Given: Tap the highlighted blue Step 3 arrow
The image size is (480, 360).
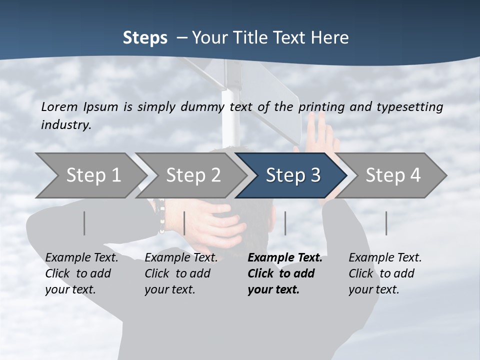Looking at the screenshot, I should click(292, 175).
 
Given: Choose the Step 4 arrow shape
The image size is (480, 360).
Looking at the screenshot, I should click(392, 175).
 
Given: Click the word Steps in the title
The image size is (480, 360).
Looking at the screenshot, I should click(145, 37).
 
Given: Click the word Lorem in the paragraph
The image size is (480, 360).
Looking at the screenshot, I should click(59, 106).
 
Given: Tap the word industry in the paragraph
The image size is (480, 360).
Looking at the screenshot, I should click(66, 124).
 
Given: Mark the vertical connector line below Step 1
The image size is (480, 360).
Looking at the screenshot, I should click(84, 223).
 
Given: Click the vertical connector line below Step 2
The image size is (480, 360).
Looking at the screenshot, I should click(184, 223).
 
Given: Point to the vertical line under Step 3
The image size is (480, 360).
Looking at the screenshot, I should click(285, 223).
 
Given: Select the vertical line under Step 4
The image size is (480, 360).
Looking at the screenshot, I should click(386, 223).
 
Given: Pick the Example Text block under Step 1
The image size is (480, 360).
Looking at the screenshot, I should click(81, 273).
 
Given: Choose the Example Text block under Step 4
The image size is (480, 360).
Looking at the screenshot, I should click(385, 273).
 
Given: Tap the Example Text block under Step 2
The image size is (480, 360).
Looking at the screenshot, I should click(181, 273).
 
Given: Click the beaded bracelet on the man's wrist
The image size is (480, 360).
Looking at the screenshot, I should click(161, 216).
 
